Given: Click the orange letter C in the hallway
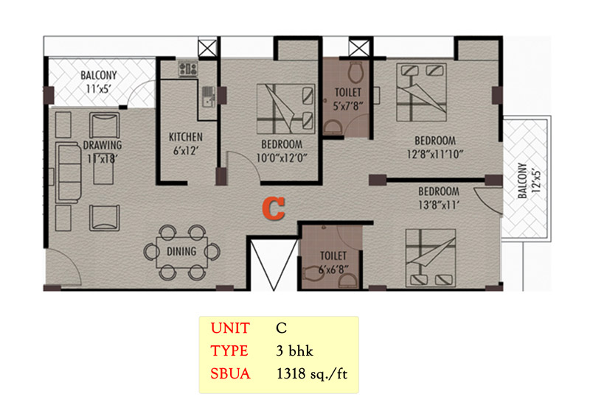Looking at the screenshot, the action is tap(274, 208).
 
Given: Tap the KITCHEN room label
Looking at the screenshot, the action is tap(186, 137).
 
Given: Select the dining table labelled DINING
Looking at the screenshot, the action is tap(181, 252).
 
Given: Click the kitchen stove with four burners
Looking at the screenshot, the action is tap(188, 69).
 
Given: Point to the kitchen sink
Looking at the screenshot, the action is tap(208, 96).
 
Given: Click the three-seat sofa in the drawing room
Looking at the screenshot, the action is tap(69, 173).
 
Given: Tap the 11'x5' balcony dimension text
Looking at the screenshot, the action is tap(98, 89).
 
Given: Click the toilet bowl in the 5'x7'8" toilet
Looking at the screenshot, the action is tap(355, 72).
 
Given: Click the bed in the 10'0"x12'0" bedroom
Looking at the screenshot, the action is tap(285, 109).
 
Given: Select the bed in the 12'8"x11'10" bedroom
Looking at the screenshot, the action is tap(421, 93).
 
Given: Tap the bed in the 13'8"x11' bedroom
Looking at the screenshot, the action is tap(431, 258).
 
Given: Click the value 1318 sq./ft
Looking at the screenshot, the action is tap(312, 375).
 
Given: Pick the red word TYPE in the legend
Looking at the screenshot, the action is tap(229, 351).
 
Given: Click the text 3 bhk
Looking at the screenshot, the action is tap(294, 351).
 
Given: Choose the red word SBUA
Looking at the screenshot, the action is tap(230, 374).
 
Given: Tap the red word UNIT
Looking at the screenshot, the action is tap(230, 328).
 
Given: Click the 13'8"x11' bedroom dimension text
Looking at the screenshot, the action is tap(439, 205).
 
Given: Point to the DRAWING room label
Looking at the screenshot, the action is tap(103, 145).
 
